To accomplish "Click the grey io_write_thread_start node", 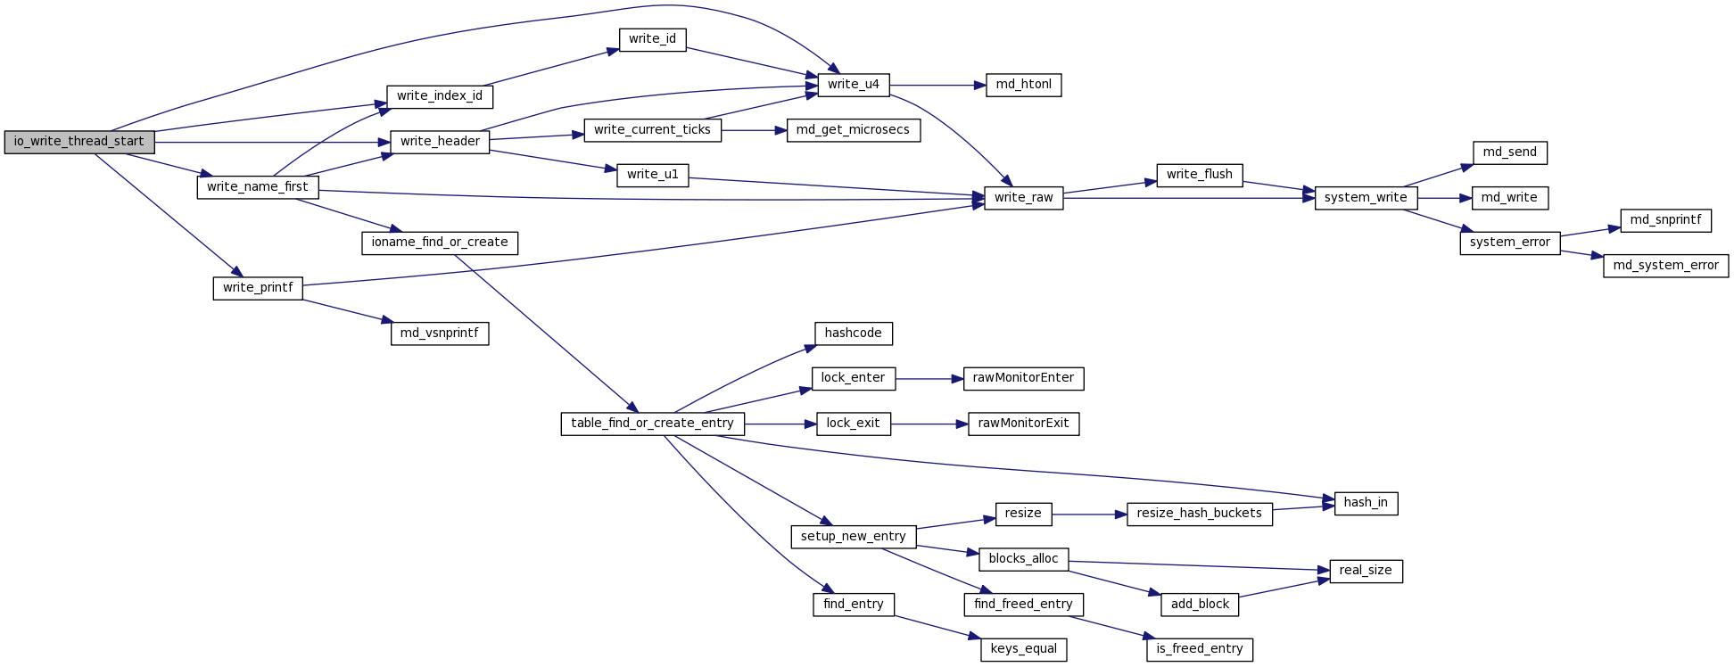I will click(79, 142).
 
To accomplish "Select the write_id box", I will click(652, 39).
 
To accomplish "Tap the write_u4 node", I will click(853, 85).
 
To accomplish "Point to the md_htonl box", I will click(1023, 85).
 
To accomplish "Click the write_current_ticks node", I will click(652, 130).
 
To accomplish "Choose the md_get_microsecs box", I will click(853, 130).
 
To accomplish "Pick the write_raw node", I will click(1023, 198).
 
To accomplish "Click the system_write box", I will click(1365, 198).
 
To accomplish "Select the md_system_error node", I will click(1665, 266).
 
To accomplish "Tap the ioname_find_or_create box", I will click(440, 243).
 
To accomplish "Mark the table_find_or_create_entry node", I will click(652, 424).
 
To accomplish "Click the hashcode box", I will click(853, 333).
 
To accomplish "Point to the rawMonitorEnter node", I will click(1023, 378).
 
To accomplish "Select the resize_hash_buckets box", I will click(1199, 514).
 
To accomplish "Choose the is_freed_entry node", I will click(1199, 649).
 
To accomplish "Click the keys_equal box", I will click(1023, 649).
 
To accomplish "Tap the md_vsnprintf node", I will click(440, 333).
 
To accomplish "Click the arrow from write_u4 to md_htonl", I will click(937, 86).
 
